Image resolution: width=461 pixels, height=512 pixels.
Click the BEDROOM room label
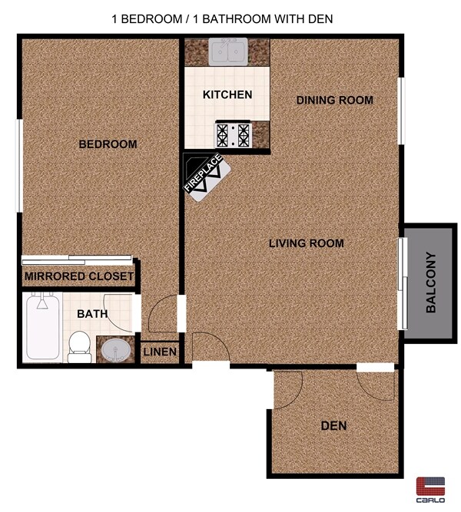point(108,144)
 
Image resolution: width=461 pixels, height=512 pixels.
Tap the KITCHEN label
point(227,95)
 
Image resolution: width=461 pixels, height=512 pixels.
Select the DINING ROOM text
point(334,100)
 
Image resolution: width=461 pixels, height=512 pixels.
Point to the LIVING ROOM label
point(306,243)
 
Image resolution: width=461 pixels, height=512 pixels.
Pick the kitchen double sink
point(227,53)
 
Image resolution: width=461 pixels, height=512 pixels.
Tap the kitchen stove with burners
point(234,134)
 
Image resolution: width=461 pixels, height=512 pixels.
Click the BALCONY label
point(431,282)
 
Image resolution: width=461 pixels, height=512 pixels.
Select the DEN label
point(334,425)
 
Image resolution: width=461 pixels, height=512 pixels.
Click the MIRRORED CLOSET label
point(79,276)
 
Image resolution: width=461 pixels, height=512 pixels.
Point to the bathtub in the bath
point(41,327)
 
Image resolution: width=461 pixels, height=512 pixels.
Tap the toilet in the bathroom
point(78,346)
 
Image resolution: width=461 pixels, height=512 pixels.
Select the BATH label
point(92,313)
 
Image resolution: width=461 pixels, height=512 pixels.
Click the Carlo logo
point(431,488)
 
